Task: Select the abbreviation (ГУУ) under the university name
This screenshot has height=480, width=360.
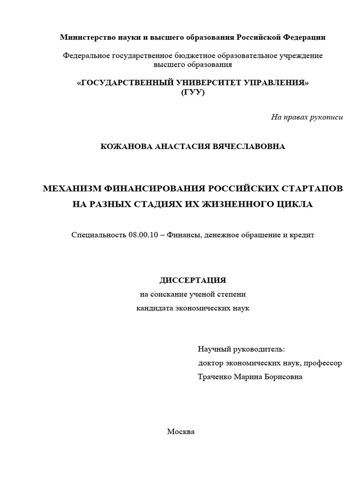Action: [x=193, y=92]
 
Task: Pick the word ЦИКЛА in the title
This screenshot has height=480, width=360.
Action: [x=295, y=204]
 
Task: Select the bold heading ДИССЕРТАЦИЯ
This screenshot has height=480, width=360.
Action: [x=193, y=280]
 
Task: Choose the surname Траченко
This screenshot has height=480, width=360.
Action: [x=215, y=377]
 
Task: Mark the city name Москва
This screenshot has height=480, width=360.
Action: [x=181, y=432]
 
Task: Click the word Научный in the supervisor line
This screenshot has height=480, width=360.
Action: [x=214, y=350]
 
